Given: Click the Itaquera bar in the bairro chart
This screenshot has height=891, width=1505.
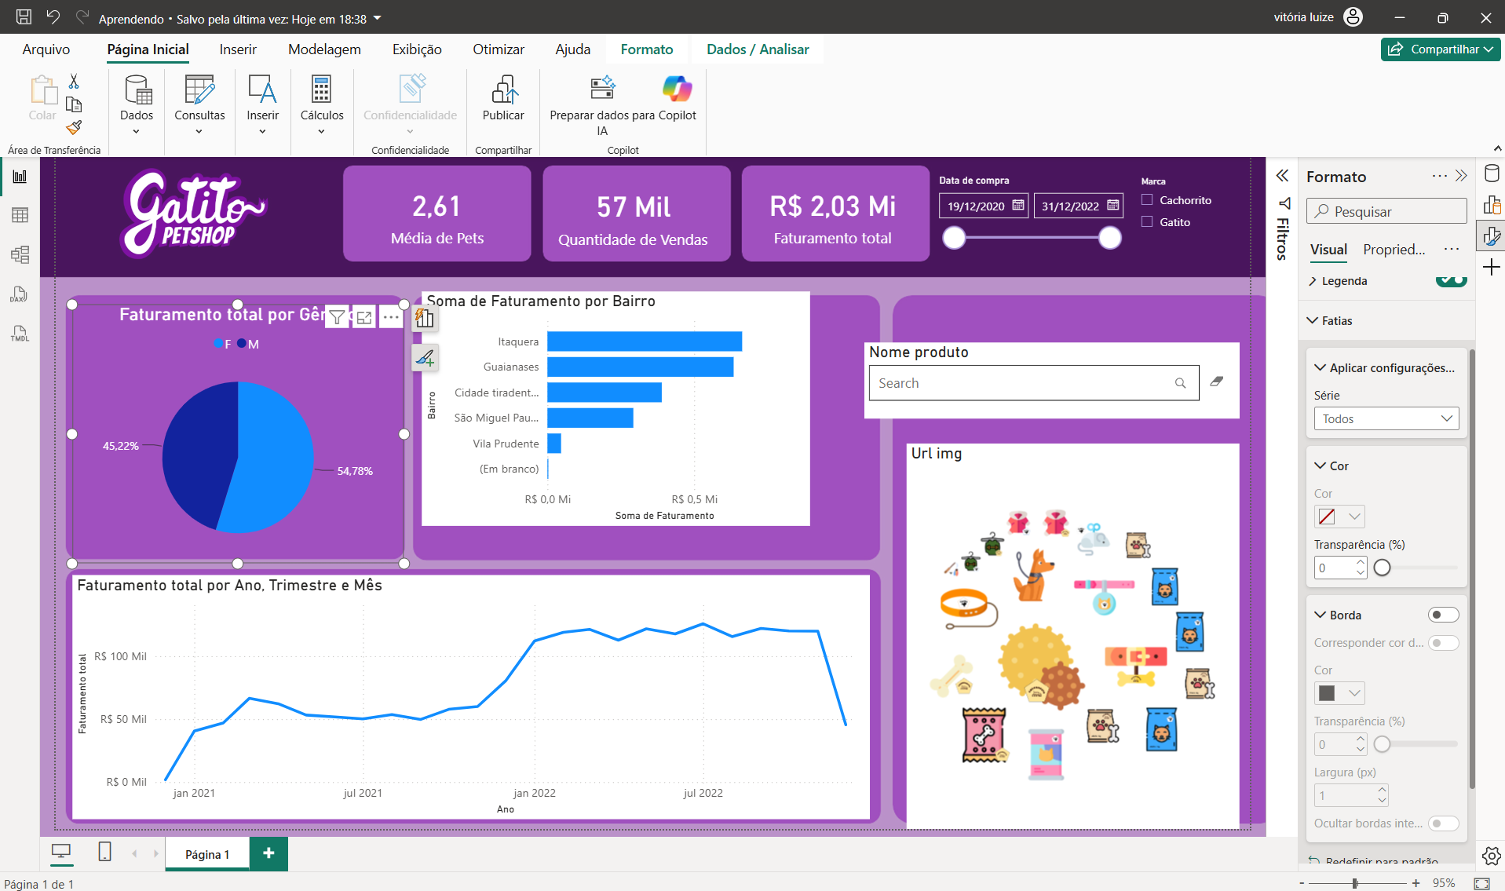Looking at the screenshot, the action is (645, 341).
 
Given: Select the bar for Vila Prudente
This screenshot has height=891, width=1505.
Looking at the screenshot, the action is (554, 444).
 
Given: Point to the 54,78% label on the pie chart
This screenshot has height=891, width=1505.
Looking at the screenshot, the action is (355, 471).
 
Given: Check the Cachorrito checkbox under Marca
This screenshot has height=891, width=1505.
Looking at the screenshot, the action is (1147, 200).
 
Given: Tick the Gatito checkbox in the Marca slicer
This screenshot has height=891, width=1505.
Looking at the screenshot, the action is (1147, 222).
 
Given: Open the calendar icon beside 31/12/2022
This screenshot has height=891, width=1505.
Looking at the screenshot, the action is (1112, 206).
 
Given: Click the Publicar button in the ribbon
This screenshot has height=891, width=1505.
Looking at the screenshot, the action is (503, 100).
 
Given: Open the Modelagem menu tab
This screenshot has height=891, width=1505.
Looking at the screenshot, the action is (324, 49).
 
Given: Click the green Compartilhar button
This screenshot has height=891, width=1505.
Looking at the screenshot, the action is (1441, 49).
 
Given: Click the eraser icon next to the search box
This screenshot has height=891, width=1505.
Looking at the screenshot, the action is (1217, 382).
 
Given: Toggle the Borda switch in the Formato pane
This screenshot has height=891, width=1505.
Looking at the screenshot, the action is (1443, 615).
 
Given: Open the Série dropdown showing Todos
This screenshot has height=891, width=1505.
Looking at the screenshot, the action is (1386, 418).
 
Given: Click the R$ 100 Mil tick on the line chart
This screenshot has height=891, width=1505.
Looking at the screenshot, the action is (120, 656).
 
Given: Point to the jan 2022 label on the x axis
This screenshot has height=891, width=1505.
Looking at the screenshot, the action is (534, 793).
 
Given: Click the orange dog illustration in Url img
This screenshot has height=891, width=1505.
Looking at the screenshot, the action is (1032, 575).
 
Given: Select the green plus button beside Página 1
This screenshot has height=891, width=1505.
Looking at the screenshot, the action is (268, 853).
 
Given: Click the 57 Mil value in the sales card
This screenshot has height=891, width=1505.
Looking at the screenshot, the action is (634, 207).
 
